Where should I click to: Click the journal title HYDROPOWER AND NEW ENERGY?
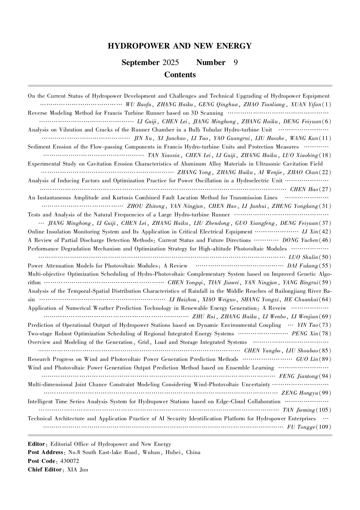[x=180, y=46]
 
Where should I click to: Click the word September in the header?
[x=140, y=62]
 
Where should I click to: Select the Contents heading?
[x=180, y=75]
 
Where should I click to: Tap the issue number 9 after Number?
[x=235, y=62]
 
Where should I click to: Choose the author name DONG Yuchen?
[x=300, y=240]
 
